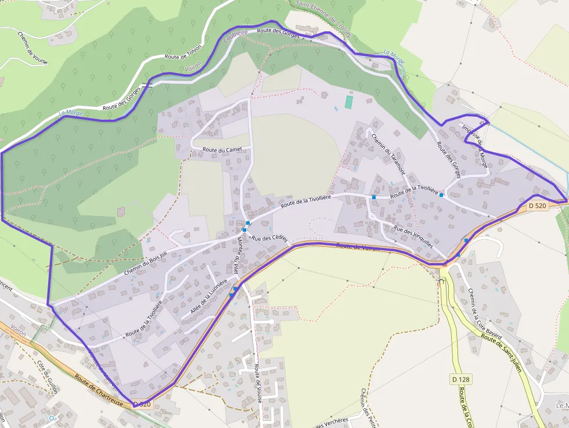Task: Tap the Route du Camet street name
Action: click(221, 150)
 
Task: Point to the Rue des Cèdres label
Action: click(269, 239)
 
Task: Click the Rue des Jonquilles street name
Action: click(413, 236)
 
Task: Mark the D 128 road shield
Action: click(460, 380)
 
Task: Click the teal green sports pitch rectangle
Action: click(349, 102)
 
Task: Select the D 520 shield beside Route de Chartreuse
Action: click(142, 404)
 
